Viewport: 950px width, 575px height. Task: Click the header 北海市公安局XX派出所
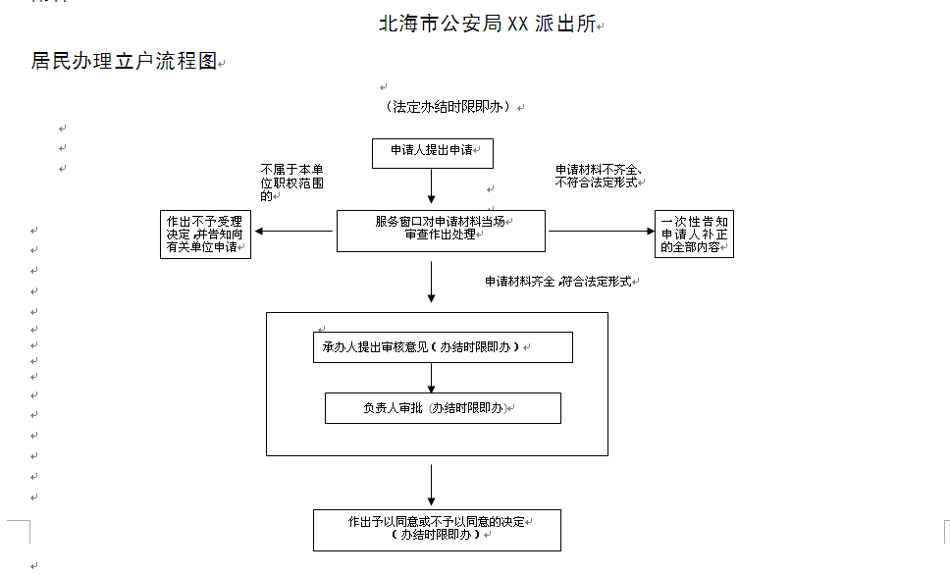[x=488, y=24]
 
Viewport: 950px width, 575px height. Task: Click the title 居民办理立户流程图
[x=125, y=61]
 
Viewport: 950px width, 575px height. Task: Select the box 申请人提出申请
[x=433, y=153]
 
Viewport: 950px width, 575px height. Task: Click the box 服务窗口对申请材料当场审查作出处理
[x=441, y=231]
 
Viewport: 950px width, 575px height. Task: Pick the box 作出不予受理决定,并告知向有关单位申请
[x=205, y=235]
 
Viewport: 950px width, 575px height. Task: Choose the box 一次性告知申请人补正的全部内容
[x=694, y=234]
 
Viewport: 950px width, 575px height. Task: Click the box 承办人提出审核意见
[x=443, y=347]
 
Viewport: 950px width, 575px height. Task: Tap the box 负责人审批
[x=443, y=408]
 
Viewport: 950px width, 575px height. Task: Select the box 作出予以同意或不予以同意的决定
[x=437, y=530]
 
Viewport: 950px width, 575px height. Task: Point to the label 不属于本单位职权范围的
[x=292, y=183]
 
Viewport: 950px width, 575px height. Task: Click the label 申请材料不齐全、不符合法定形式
[x=598, y=176]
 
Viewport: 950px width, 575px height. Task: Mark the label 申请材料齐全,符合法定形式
[x=558, y=282]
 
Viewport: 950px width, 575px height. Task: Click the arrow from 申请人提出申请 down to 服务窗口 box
[x=432, y=186]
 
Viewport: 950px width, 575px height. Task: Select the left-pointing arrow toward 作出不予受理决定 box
[x=293, y=231]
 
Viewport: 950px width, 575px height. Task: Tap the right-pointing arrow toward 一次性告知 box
[x=602, y=231]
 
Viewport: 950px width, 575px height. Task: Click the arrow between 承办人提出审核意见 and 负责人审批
[x=432, y=378]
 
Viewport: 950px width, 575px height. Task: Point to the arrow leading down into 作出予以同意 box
[x=432, y=486]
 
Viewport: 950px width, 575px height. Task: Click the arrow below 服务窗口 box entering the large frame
[x=432, y=282]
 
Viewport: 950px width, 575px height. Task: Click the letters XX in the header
[x=518, y=24]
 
